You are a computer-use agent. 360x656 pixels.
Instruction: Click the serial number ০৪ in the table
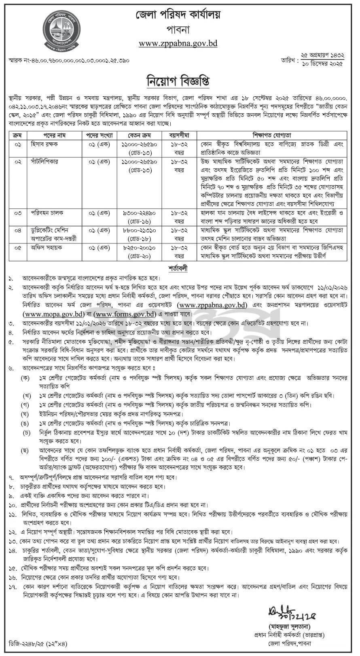click(x=17, y=230)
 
